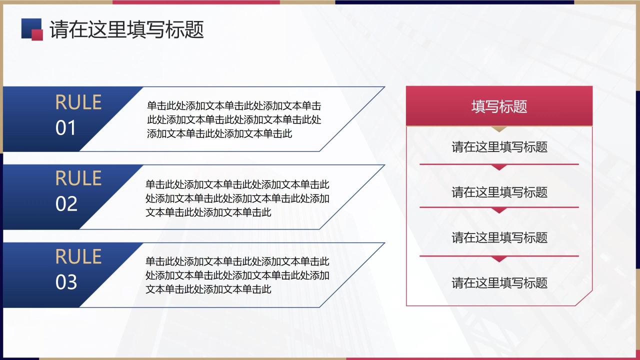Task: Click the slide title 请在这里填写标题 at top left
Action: click(x=127, y=30)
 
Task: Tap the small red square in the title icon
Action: click(x=37, y=34)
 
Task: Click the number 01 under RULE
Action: click(x=65, y=128)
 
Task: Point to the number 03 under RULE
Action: click(x=66, y=282)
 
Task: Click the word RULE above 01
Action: click(x=78, y=102)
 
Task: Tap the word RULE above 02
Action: click(x=78, y=178)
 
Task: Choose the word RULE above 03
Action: click(x=78, y=256)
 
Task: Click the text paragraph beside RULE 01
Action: click(x=234, y=120)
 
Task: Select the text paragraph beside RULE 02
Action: click(x=237, y=198)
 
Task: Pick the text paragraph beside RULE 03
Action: click(x=237, y=275)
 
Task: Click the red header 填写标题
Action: click(x=499, y=106)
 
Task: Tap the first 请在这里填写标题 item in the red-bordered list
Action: click(x=499, y=147)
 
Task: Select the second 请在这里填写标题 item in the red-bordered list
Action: click(x=499, y=192)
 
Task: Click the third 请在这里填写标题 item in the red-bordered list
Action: click(x=499, y=237)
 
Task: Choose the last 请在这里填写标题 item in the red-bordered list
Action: click(x=499, y=282)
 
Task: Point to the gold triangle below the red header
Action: click(x=499, y=128)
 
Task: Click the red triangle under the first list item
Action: click(x=499, y=167)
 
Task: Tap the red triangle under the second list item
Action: click(x=499, y=210)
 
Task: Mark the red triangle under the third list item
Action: click(x=499, y=258)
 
